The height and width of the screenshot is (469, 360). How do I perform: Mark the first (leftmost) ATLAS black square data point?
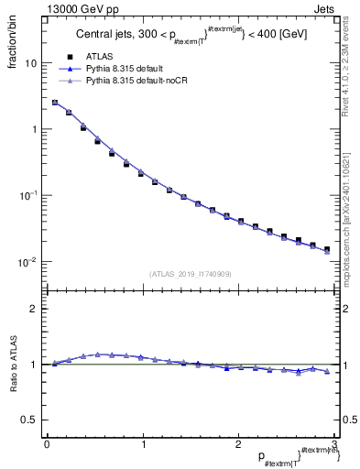coord(54,103)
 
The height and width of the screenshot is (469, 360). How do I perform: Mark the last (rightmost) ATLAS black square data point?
coord(326,249)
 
